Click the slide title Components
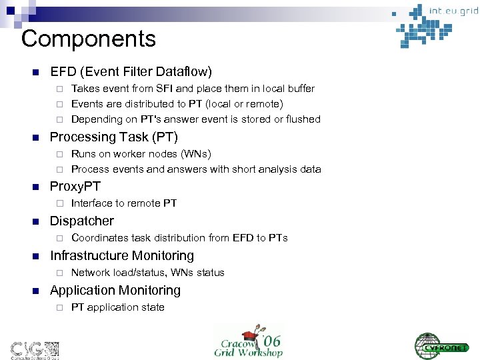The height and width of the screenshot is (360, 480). coord(89,39)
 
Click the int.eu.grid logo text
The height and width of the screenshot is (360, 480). coord(453,11)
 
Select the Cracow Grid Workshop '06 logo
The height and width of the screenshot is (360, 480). coord(248,341)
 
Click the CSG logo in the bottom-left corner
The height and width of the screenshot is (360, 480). coord(34,348)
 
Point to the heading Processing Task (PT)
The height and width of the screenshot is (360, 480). coord(114,137)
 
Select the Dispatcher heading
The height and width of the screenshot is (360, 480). coord(82,221)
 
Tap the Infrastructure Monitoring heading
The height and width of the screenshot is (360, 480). coord(122,255)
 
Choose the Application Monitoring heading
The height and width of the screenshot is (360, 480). coord(115,290)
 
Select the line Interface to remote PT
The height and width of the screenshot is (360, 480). coord(124,203)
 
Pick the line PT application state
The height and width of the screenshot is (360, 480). coord(117,307)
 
